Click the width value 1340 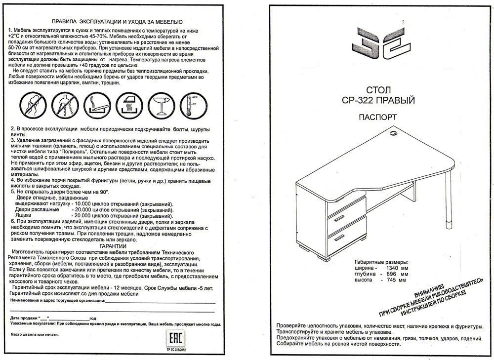point(394,268)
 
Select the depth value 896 point(394,274)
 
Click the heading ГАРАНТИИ point(113,245)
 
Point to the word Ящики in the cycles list point(25,216)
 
